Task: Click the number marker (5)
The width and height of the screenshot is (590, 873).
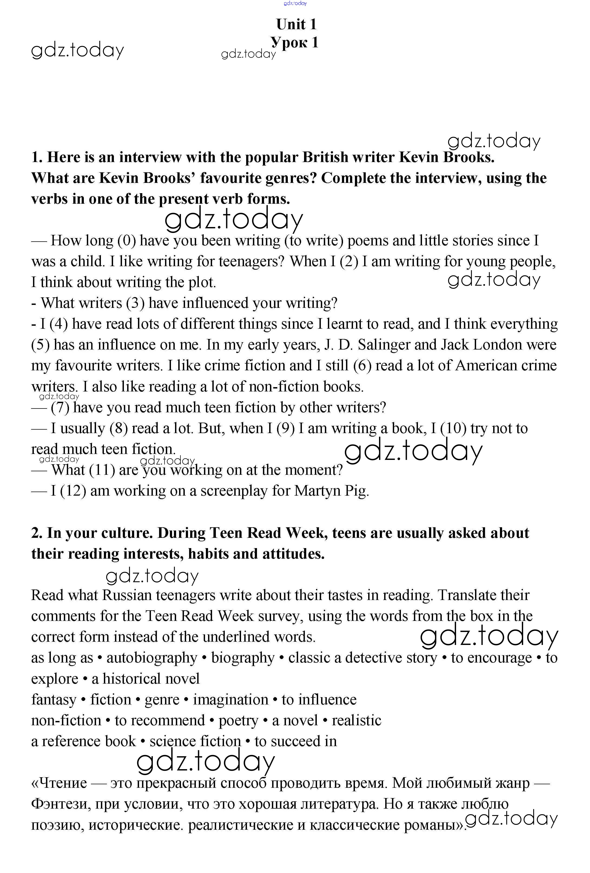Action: tap(41, 345)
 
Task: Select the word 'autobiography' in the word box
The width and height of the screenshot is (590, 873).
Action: tap(152, 658)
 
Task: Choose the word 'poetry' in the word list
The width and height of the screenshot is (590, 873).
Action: tap(239, 720)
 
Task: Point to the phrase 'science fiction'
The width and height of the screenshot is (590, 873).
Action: tap(195, 741)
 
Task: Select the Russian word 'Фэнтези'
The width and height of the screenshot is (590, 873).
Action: tap(60, 804)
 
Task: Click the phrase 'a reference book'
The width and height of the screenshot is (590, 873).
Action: tap(83, 741)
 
